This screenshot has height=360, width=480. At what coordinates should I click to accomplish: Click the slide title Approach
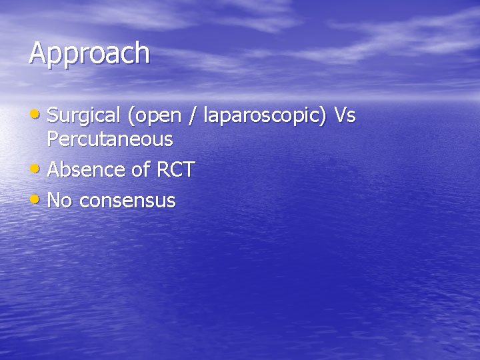(x=89, y=53)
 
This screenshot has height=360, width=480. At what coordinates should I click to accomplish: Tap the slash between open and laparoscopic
(x=193, y=116)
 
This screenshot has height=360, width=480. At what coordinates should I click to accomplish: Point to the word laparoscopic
(x=263, y=117)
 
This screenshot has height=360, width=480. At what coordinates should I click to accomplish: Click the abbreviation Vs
(x=345, y=115)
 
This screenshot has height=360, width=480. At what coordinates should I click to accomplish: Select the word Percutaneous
(x=110, y=139)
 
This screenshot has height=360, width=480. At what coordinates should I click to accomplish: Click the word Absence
(x=87, y=170)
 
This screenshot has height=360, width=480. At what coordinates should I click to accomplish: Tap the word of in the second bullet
(x=141, y=170)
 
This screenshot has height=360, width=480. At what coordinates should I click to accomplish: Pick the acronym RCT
(x=175, y=170)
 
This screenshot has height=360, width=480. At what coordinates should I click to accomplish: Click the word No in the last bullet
(x=60, y=201)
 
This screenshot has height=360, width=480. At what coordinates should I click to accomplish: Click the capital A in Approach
(x=37, y=53)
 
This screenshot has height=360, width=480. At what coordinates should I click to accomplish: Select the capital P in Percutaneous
(x=53, y=139)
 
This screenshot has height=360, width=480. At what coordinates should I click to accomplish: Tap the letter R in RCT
(x=162, y=170)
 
